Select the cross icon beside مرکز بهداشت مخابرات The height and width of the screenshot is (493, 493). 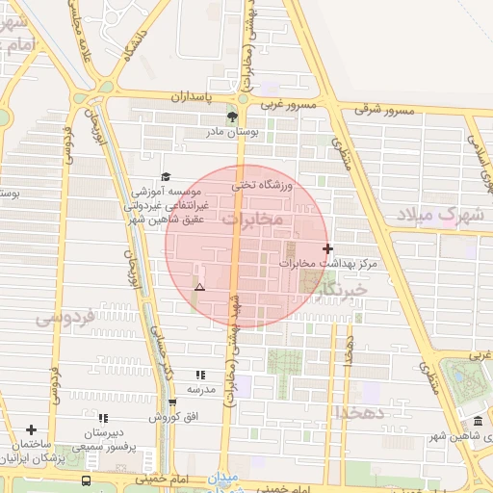pyautogui.click(x=328, y=248)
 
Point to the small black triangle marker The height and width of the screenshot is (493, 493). pyautogui.click(x=199, y=288)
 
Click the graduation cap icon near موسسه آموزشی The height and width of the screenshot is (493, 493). pyautogui.click(x=166, y=176)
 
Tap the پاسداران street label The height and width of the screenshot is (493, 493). pyautogui.click(x=195, y=98)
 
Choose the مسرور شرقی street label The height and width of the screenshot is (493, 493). pyautogui.click(x=383, y=111)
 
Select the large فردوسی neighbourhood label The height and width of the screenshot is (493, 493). pyautogui.click(x=65, y=317)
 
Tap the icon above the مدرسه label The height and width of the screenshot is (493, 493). pyautogui.click(x=200, y=375)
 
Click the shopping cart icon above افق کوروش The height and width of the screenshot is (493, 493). pyautogui.click(x=172, y=402)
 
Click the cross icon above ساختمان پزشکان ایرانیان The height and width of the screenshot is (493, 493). pyautogui.click(x=32, y=429)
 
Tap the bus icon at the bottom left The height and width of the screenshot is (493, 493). pyautogui.click(x=87, y=480)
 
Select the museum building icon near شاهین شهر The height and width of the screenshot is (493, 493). pyautogui.click(x=479, y=423)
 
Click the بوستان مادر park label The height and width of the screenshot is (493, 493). pyautogui.click(x=231, y=133)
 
